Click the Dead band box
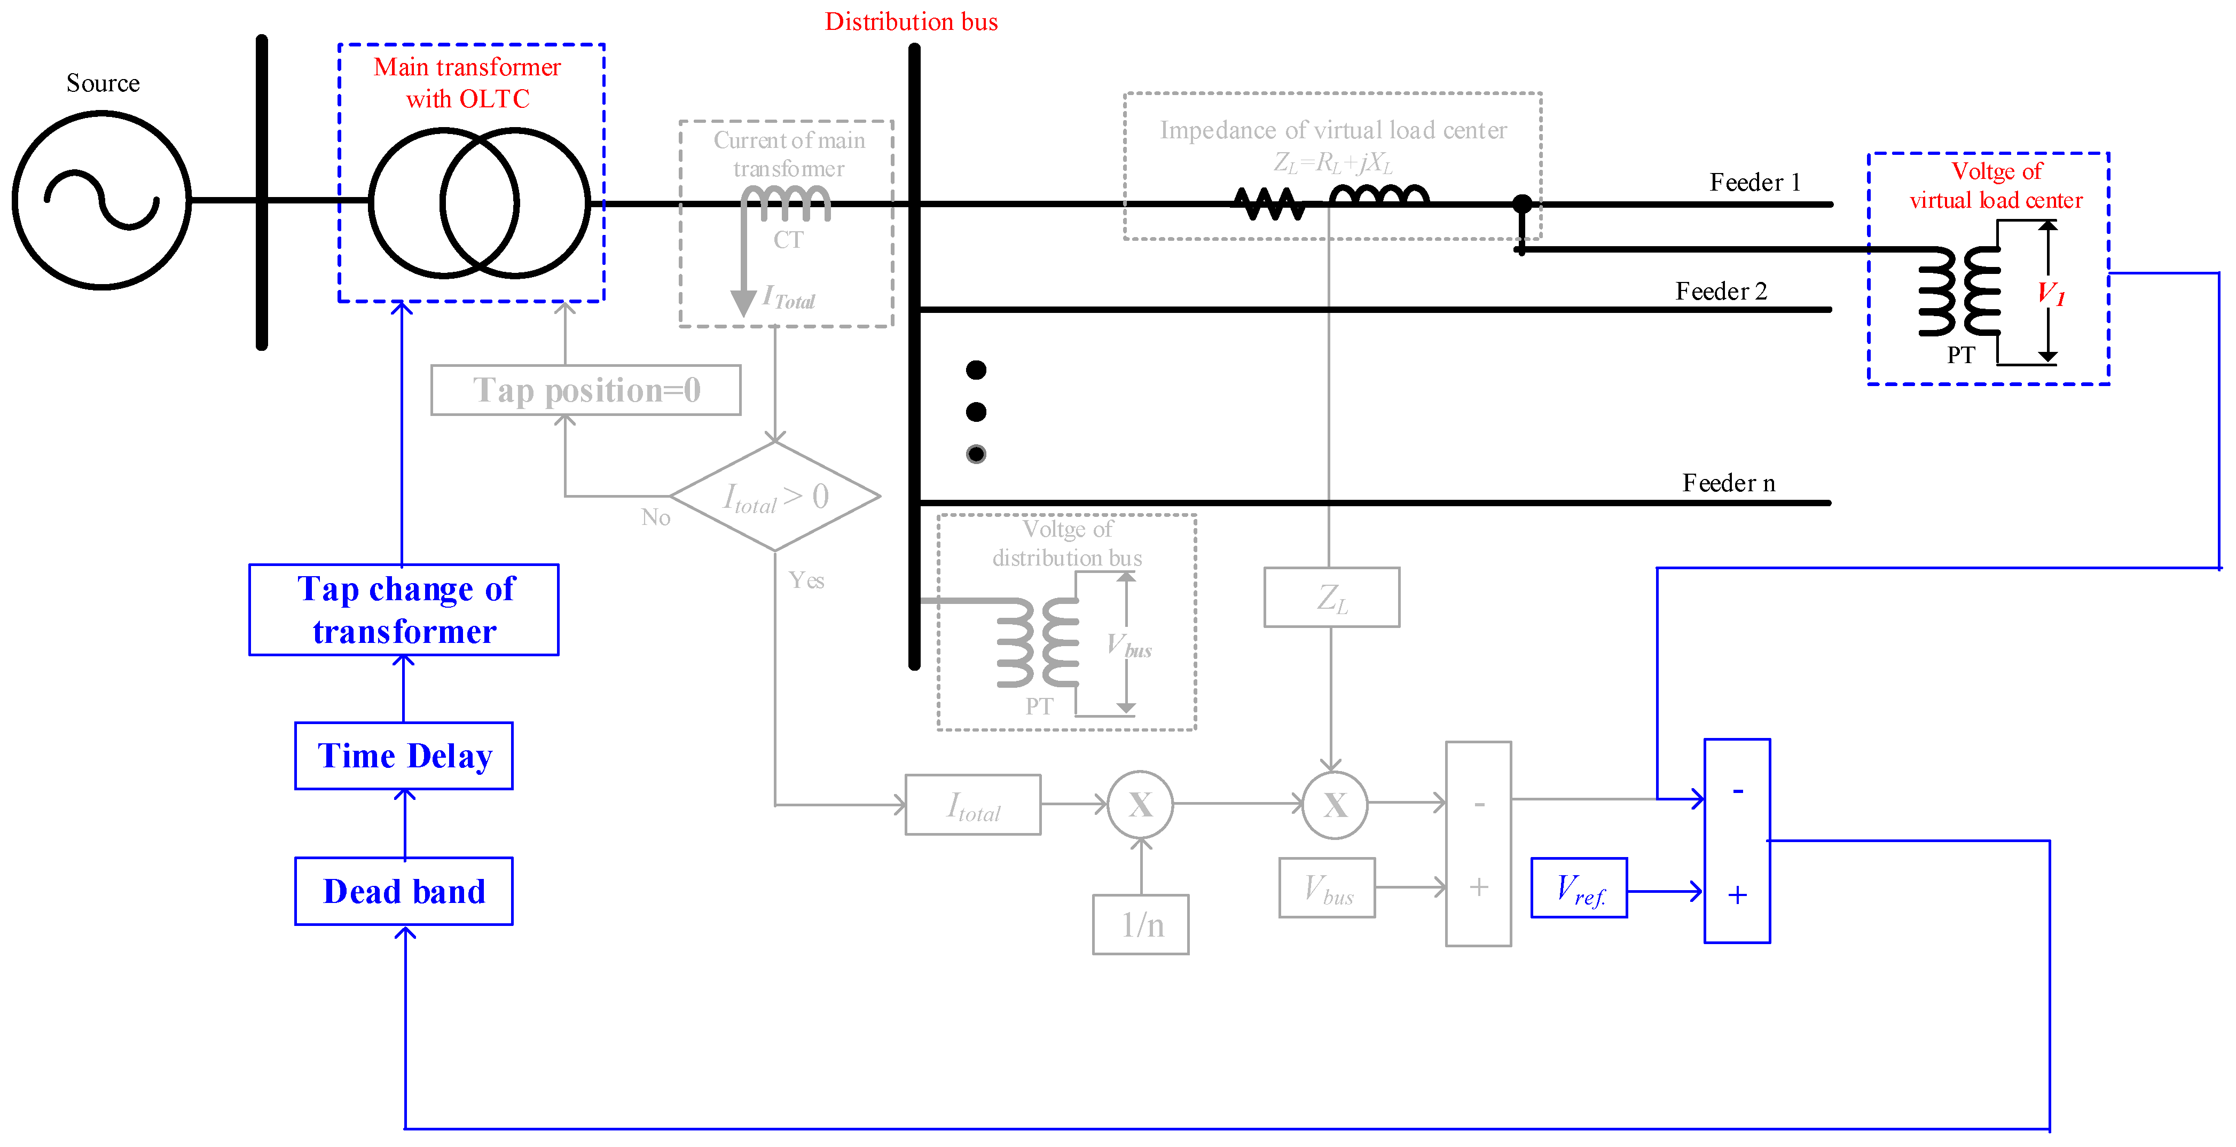coord(404,891)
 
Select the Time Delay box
coord(404,756)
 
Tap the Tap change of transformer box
coord(404,610)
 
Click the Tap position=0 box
coord(586,390)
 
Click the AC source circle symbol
coord(101,200)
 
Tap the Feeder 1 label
coord(1754,182)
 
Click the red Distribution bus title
coord(911,22)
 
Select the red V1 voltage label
coord(2050,293)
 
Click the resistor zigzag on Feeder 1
coord(1269,205)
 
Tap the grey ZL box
coord(1331,598)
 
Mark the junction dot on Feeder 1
coord(1521,204)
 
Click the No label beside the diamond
coord(655,518)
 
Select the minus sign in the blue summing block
coord(1737,790)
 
